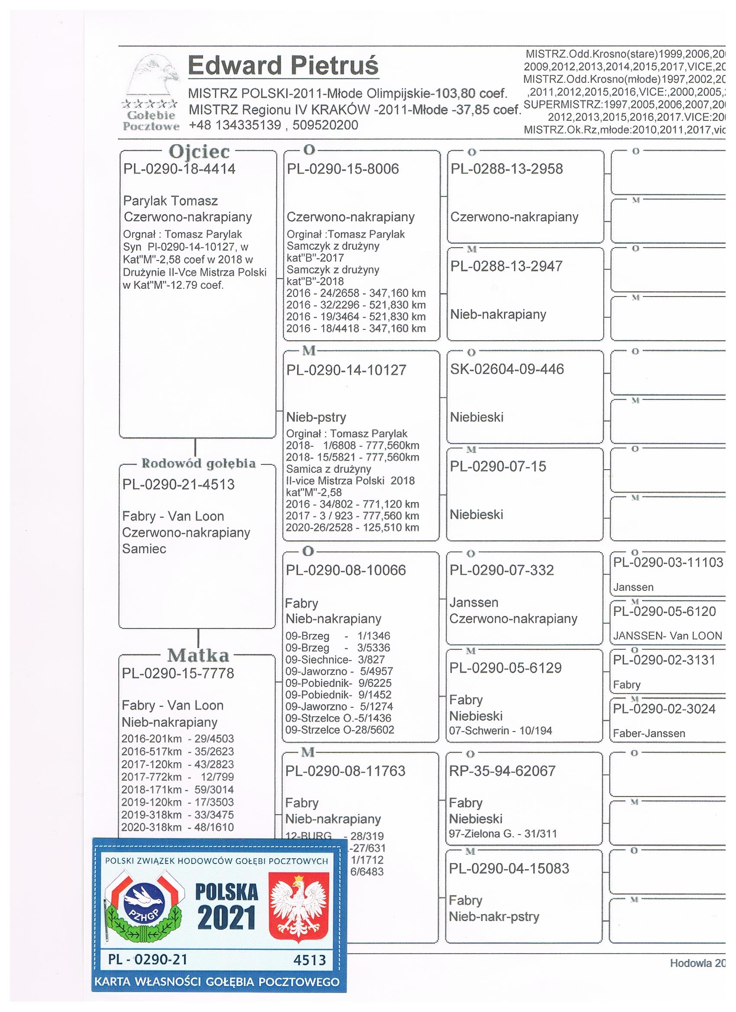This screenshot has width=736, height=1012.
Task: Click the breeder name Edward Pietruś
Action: pyautogui.click(x=283, y=66)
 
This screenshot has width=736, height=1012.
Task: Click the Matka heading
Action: pyautogui.click(x=198, y=655)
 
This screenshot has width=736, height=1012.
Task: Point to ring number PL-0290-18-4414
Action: pyautogui.click(x=179, y=169)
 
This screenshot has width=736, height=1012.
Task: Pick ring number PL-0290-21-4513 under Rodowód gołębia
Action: pyautogui.click(x=178, y=485)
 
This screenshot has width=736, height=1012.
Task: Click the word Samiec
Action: pyautogui.click(x=144, y=549)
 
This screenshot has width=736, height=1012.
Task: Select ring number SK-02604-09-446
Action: pyautogui.click(x=507, y=370)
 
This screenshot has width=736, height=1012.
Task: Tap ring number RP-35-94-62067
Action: pyautogui.click(x=502, y=771)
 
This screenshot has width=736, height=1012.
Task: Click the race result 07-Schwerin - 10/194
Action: pyautogui.click(x=500, y=731)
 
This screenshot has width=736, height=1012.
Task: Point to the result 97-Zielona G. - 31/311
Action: pyautogui.click(x=503, y=834)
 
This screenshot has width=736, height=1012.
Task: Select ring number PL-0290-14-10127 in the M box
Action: pyautogui.click(x=346, y=371)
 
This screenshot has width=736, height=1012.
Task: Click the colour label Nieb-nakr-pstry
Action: pyautogui.click(x=494, y=917)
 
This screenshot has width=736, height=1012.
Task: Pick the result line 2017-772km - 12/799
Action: pyautogui.click(x=177, y=777)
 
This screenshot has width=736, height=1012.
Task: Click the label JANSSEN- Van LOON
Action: pyautogui.click(x=667, y=636)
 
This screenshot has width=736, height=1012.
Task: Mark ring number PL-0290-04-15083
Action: pyautogui.click(x=509, y=869)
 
